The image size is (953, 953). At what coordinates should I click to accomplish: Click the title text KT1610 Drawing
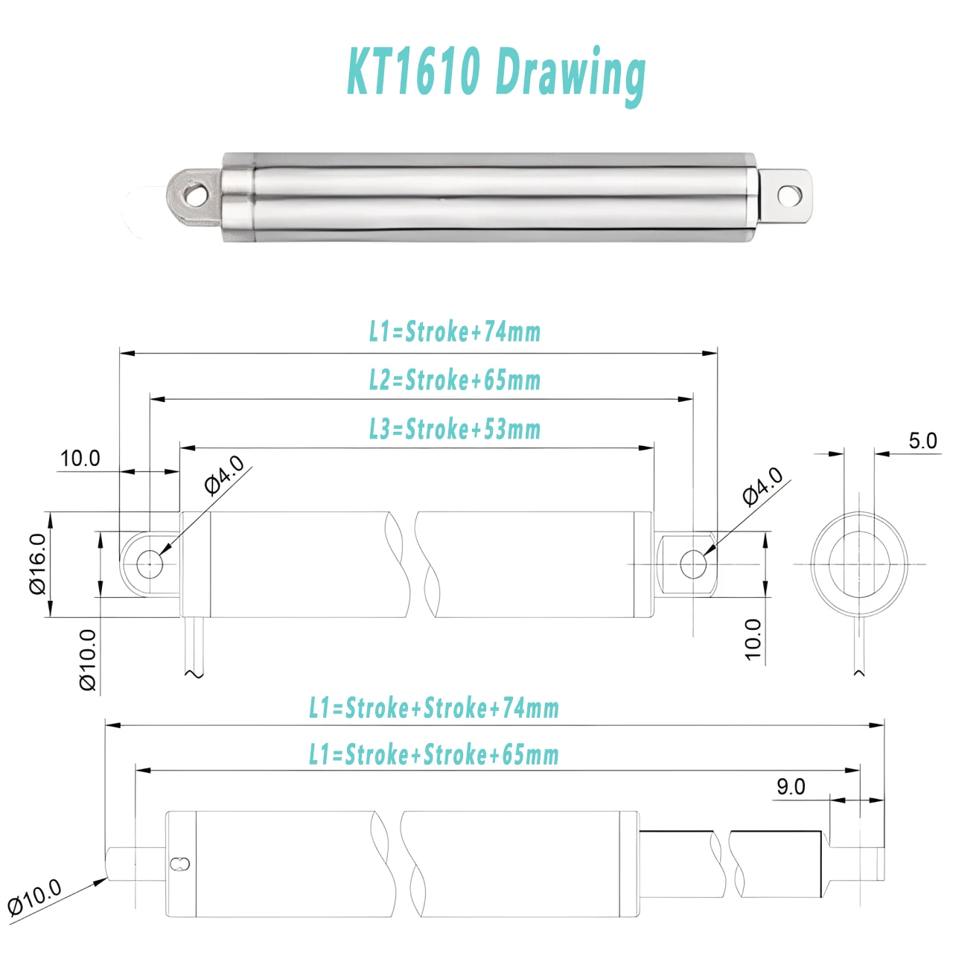[x=496, y=72]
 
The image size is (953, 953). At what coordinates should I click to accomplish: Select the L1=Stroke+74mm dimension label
[x=455, y=332]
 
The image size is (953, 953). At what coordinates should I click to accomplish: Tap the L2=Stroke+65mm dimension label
[x=455, y=380]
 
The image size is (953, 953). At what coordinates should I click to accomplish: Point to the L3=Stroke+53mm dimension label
[x=455, y=430]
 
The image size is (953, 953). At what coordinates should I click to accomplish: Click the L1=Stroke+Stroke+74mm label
[x=434, y=708]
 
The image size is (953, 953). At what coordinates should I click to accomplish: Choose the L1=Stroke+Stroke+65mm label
[x=434, y=755]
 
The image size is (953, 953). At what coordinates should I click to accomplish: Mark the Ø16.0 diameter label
[x=38, y=564]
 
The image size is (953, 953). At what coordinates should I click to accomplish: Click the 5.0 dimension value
[x=922, y=441]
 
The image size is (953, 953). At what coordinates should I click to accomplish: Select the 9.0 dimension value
[x=791, y=786]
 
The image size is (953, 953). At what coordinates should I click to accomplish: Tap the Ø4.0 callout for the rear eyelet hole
[x=224, y=475]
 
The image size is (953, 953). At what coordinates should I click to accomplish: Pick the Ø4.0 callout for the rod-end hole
[x=763, y=487]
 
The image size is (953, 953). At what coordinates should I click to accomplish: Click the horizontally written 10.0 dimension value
[x=80, y=459]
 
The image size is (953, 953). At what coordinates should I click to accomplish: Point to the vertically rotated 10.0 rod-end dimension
[x=753, y=639]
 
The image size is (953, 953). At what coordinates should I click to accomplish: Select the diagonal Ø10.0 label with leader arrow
[x=34, y=897]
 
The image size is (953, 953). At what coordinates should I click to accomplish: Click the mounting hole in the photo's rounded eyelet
[x=195, y=196]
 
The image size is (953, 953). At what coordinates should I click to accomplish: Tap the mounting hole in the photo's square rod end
[x=788, y=196]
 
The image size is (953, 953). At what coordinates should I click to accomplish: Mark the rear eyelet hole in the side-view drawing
[x=150, y=564]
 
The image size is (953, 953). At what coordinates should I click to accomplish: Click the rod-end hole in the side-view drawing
[x=693, y=564]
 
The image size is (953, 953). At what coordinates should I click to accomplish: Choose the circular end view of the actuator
[x=859, y=564]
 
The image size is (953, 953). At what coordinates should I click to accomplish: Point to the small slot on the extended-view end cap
[x=180, y=864]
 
